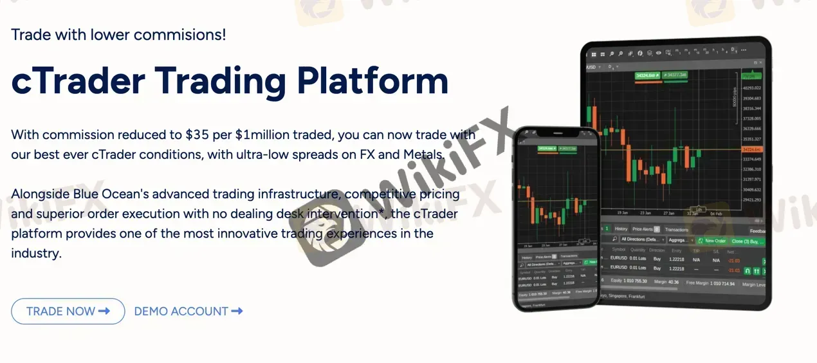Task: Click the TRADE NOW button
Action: pyautogui.click(x=68, y=312)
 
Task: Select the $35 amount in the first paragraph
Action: pyautogui.click(x=197, y=135)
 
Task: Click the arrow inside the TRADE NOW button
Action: pyautogui.click(x=104, y=312)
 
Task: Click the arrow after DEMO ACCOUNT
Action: pyautogui.click(x=237, y=312)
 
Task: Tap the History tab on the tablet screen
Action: pyautogui.click(x=621, y=228)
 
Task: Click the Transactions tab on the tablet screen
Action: pyautogui.click(x=676, y=229)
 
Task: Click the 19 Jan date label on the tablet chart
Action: pyautogui.click(x=622, y=212)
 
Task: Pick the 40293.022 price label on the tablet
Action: pyautogui.click(x=751, y=88)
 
